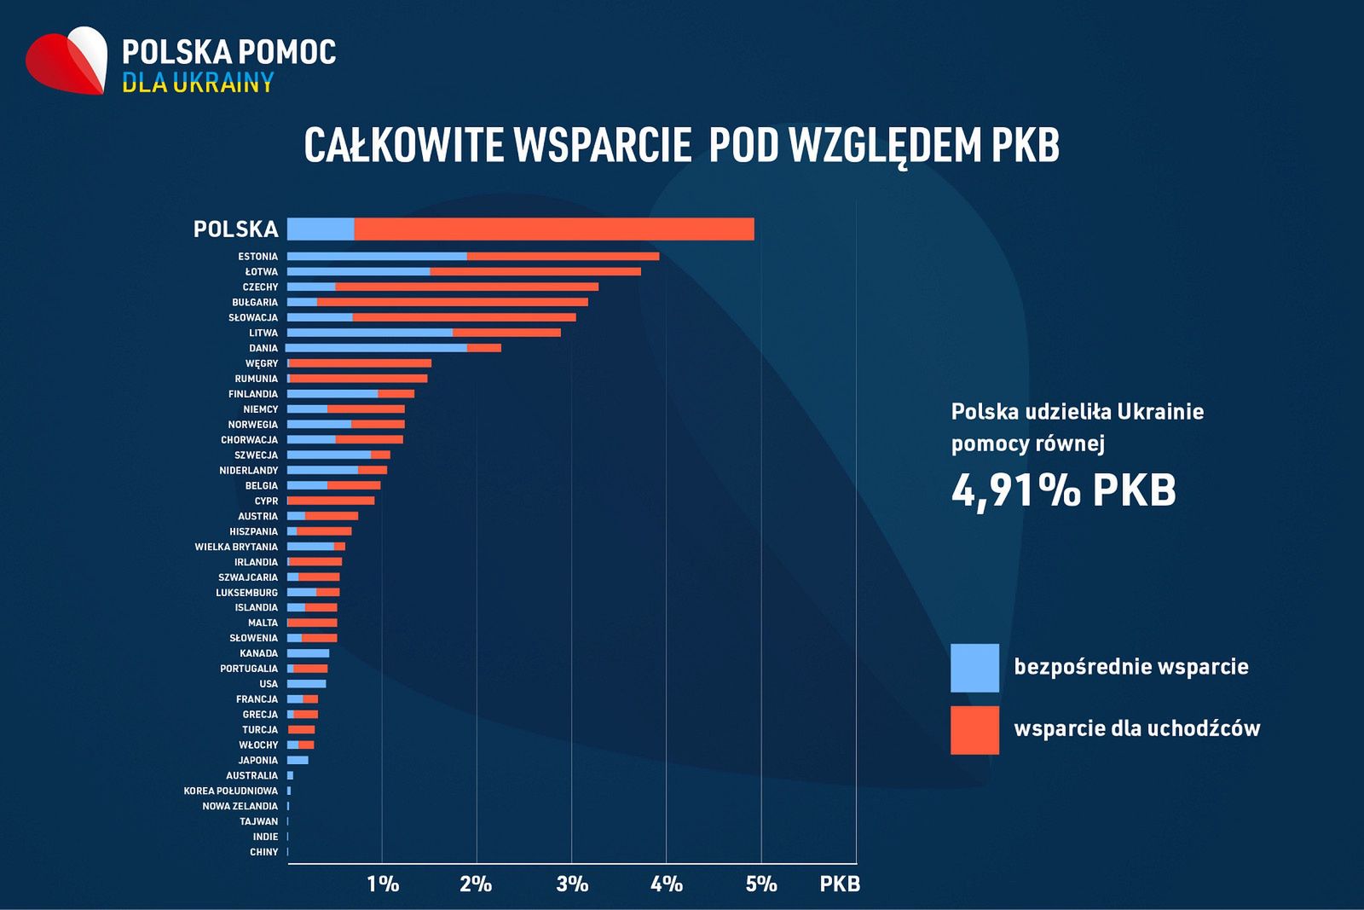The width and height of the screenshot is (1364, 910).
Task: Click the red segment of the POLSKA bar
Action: [554, 229]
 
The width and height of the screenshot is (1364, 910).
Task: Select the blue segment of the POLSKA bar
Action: [321, 229]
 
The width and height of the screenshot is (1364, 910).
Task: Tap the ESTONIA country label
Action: [257, 257]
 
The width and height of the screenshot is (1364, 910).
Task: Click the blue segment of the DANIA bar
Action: [377, 348]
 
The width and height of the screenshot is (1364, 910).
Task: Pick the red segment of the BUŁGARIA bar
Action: [452, 302]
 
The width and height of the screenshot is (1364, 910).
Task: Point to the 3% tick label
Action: [572, 884]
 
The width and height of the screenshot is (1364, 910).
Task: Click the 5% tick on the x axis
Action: [761, 884]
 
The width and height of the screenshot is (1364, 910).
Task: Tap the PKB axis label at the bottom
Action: [840, 884]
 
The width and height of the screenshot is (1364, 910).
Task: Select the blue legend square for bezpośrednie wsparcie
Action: [974, 668]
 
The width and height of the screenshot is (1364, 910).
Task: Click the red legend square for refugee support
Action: [974, 730]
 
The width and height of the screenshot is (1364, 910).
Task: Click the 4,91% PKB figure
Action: [1063, 490]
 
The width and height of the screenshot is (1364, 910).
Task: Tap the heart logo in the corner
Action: [67, 61]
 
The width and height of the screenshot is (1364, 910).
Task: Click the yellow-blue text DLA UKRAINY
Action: [198, 83]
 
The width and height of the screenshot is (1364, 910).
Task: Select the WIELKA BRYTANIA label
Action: [236, 547]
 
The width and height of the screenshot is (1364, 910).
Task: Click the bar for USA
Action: [307, 684]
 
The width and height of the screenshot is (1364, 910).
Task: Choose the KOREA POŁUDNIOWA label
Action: [230, 791]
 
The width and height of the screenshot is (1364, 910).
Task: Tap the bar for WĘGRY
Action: [360, 363]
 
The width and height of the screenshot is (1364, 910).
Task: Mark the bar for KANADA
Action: [308, 653]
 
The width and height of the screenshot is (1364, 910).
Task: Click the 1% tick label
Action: [383, 884]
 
